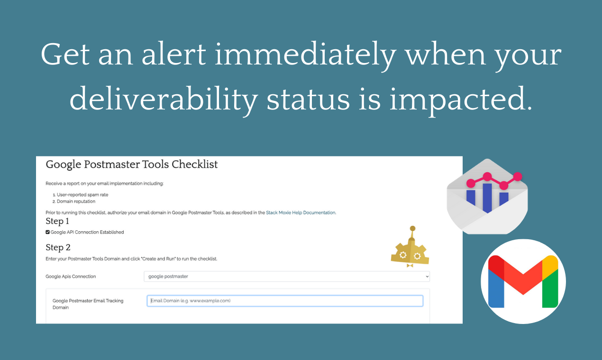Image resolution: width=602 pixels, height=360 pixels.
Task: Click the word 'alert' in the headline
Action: [174, 54]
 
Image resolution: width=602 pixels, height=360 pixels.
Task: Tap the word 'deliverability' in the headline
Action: [164, 99]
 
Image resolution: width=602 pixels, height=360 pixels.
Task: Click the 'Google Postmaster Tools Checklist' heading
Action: [132, 164]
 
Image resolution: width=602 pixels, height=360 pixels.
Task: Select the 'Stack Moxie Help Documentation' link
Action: [301, 213]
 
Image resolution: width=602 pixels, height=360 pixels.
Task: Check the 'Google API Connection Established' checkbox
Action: [47, 232]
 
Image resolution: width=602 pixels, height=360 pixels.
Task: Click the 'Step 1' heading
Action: [57, 221]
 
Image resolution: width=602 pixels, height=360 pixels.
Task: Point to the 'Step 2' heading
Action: [58, 247]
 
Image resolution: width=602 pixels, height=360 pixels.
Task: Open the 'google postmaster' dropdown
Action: [287, 277]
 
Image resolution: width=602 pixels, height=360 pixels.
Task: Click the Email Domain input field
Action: [285, 301]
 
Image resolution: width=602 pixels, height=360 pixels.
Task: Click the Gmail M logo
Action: [523, 281]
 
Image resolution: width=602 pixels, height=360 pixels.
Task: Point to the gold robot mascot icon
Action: [410, 247]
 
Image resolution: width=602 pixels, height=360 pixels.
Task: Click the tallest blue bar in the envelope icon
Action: [487, 198]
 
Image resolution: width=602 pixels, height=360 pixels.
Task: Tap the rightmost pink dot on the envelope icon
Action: [517, 177]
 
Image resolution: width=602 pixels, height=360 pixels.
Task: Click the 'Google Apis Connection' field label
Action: [71, 277]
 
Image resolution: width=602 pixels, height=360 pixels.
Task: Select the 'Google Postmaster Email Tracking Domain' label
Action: [88, 304]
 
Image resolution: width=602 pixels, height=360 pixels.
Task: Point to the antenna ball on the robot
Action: [412, 229]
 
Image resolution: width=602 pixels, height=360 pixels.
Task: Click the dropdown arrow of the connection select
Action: [427, 277]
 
